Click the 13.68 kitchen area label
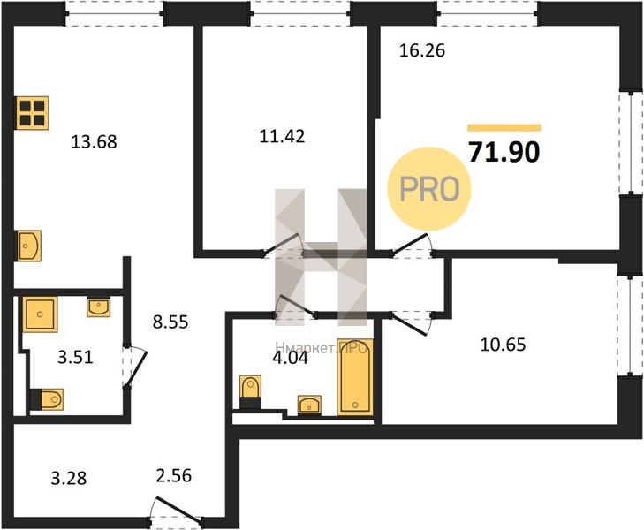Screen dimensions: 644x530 pyautogui.click(x=94, y=141)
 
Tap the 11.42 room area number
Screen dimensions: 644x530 pyautogui.click(x=282, y=136)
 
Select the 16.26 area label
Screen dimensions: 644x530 pyautogui.click(x=422, y=50)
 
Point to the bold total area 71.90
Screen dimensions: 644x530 pyautogui.click(x=504, y=152)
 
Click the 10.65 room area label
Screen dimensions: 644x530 pyautogui.click(x=503, y=344)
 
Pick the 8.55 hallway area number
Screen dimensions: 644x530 pyautogui.click(x=170, y=322)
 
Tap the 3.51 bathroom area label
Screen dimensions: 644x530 pyautogui.click(x=76, y=357)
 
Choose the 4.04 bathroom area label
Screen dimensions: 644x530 pyautogui.click(x=291, y=358)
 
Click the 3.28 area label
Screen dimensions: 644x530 pyautogui.click(x=69, y=478)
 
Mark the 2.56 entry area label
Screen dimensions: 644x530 pyautogui.click(x=174, y=476)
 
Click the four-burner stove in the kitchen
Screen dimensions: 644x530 pyautogui.click(x=33, y=113)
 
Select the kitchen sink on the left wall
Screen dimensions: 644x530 pyautogui.click(x=29, y=246)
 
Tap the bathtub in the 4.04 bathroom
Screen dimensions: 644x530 pyautogui.click(x=355, y=377)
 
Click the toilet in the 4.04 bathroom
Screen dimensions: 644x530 pyautogui.click(x=250, y=391)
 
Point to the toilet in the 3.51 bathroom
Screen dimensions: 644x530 pyautogui.click(x=47, y=399)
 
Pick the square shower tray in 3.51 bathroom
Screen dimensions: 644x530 pyautogui.click(x=40, y=314)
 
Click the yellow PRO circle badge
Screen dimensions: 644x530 pyautogui.click(x=428, y=189)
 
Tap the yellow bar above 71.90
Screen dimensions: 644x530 pyautogui.click(x=504, y=128)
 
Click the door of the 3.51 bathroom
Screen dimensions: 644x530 pyautogui.click(x=135, y=367)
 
